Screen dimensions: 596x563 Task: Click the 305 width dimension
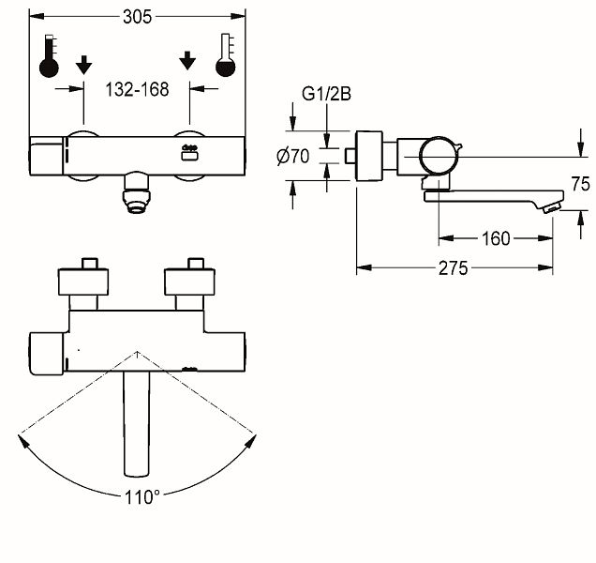tap(137, 17)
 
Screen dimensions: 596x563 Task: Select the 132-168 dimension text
tap(137, 90)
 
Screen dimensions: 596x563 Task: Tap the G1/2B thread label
tap(326, 94)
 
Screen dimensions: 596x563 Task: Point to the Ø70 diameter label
tap(293, 156)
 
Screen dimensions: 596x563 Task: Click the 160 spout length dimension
tap(496, 238)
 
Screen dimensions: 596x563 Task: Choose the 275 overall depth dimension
tap(453, 268)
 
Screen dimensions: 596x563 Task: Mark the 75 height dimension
tap(580, 184)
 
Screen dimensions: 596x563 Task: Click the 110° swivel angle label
tap(142, 496)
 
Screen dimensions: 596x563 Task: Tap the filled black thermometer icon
tap(49, 56)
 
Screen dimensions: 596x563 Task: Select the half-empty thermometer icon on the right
tap(226, 55)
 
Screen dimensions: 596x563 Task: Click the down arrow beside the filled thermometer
tap(83, 65)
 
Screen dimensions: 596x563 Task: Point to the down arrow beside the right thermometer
tap(187, 61)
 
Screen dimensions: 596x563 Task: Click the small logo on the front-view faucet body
tap(189, 153)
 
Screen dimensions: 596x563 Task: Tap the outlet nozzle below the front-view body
tap(137, 193)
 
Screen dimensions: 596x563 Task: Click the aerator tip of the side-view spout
tap(552, 208)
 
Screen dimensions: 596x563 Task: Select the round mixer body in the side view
tap(439, 156)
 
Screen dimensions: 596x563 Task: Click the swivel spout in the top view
tap(137, 423)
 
